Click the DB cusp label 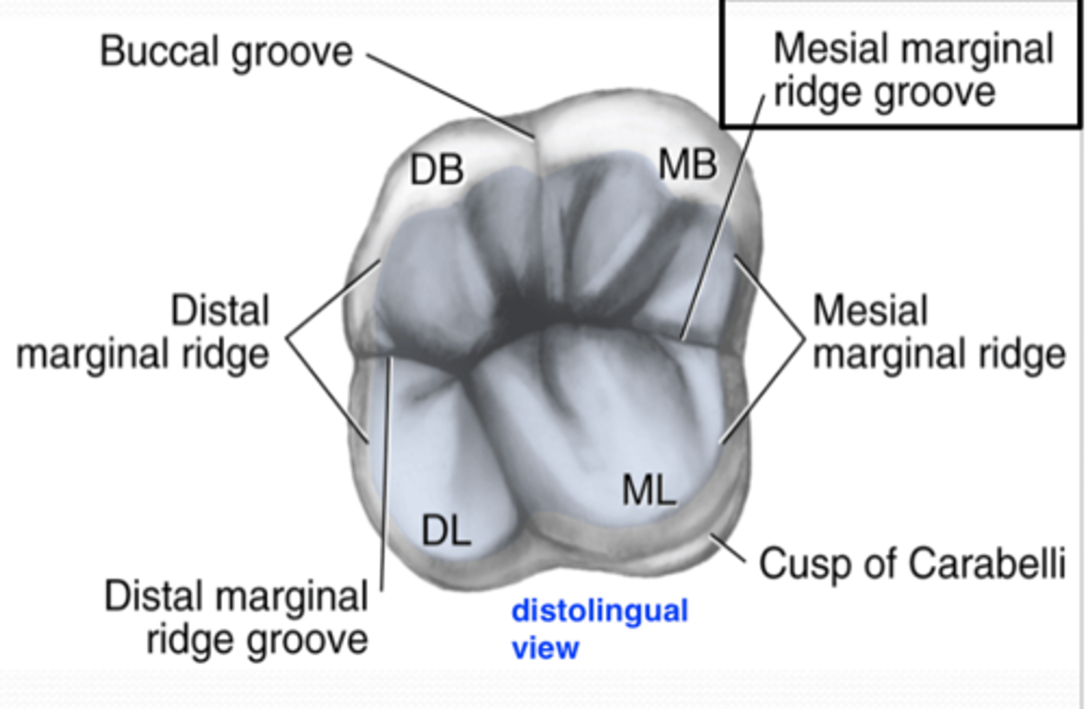point(437,170)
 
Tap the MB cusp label point(687,164)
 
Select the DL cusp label point(446,531)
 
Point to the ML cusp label point(649,491)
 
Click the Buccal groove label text point(226,52)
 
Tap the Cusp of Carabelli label point(912,564)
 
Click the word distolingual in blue point(600,610)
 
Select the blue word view point(545,647)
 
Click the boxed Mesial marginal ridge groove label point(901,69)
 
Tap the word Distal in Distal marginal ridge point(219,310)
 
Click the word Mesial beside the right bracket point(870,310)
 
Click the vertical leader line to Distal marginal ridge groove point(386,475)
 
